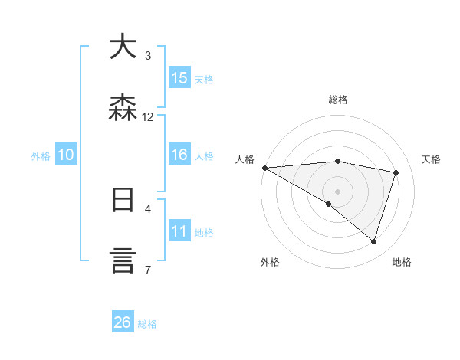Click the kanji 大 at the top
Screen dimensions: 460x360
123,47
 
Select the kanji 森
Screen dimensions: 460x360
123,108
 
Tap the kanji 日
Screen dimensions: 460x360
123,200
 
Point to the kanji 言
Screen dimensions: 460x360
123,261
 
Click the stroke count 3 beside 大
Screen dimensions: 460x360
148,56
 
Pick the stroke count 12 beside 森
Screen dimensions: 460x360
148,117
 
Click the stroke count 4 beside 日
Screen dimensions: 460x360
148,208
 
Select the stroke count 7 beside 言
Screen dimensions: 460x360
148,270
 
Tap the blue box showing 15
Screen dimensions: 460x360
179,78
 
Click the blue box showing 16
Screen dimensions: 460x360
179,155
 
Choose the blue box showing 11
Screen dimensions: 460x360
179,231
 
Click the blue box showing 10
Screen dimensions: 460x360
66,155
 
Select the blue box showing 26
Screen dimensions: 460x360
123,323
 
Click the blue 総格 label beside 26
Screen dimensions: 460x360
147,324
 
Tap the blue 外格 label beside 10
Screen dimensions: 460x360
41,156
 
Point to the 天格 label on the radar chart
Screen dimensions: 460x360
432,159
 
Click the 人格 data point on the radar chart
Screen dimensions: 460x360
264,168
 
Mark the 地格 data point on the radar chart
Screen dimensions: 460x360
374,242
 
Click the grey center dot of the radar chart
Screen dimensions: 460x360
337,191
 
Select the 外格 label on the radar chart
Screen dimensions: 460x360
270,262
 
